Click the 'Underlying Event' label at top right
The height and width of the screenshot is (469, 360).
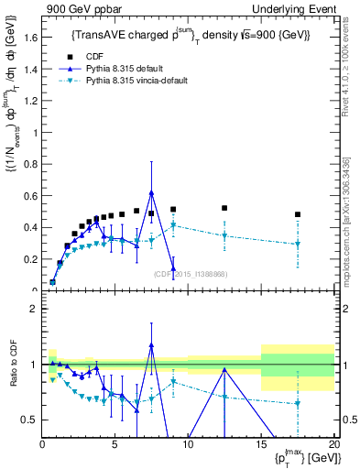[x=297, y=8]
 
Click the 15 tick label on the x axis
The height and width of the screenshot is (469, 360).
[x=260, y=445]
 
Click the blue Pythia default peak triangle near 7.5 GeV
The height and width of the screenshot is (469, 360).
[x=151, y=193]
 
